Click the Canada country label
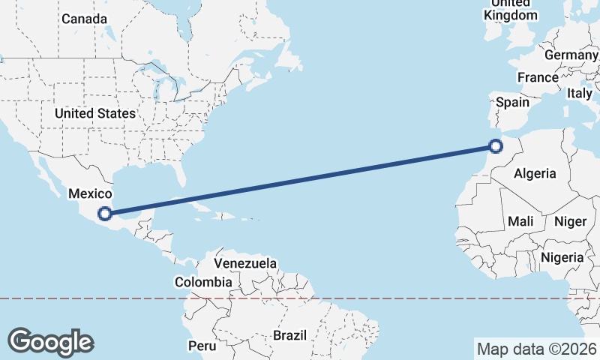[84, 19]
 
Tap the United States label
[94, 113]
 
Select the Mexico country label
[90, 193]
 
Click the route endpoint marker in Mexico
[106, 213]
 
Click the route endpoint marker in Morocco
[495, 146]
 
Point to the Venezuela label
[245, 264]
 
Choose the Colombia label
[203, 283]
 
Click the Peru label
[202, 346]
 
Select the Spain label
[512, 102]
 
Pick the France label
[538, 77]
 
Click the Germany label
[571, 55]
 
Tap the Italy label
[579, 93]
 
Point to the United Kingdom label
[511, 10]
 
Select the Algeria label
[535, 173]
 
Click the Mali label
[520, 221]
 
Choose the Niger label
[569, 221]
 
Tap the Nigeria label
[561, 257]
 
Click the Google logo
[50, 341]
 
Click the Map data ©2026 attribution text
[536, 349]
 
